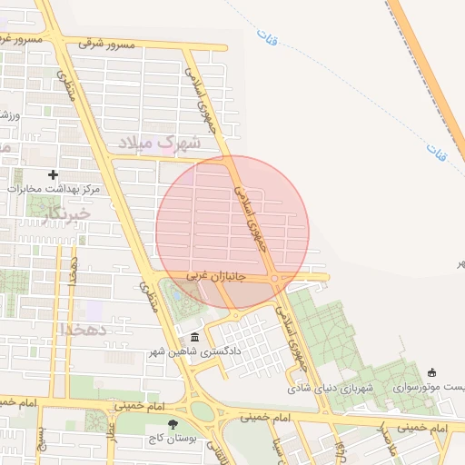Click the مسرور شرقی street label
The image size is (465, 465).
click(x=106, y=43)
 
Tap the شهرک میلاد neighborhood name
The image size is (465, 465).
click(x=159, y=143)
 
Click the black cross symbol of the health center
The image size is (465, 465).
click(x=54, y=174)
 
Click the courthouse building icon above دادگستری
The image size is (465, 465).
click(x=194, y=337)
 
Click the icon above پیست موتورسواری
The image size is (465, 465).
click(x=431, y=371)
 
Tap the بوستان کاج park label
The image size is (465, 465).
click(x=173, y=439)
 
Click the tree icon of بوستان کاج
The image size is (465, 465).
click(x=173, y=423)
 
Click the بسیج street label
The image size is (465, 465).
click(x=42, y=440)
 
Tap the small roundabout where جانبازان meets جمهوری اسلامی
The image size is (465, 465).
click(x=274, y=279)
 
